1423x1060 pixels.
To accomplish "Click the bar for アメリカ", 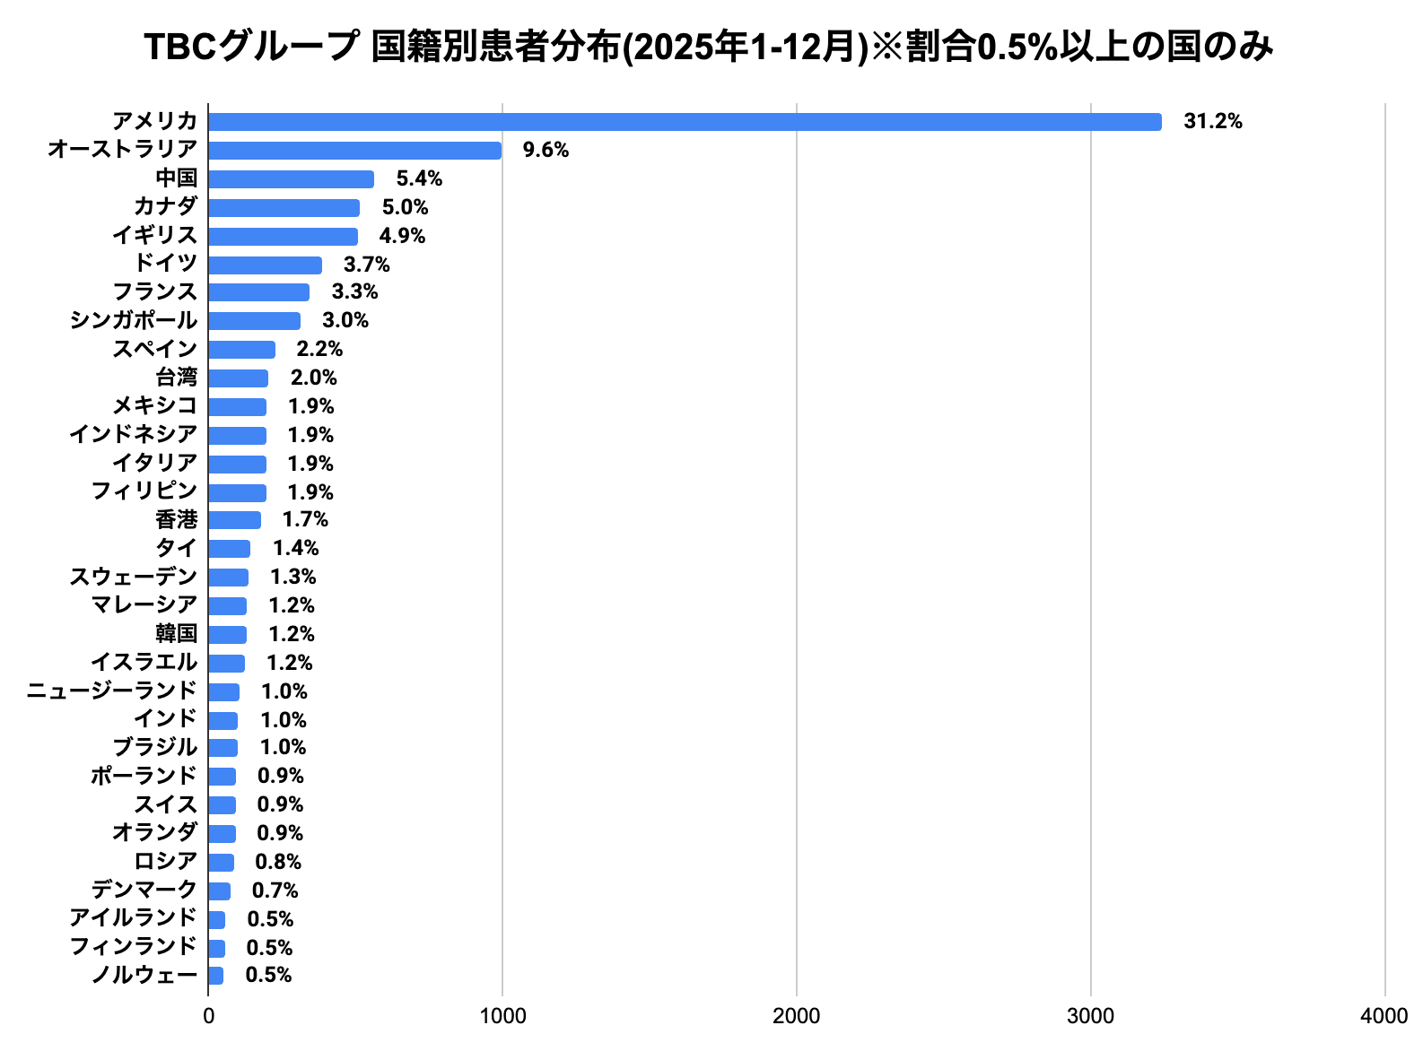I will click(x=685, y=122).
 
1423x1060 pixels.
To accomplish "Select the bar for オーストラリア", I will click(x=354, y=151).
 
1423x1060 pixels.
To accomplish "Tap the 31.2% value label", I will click(x=1212, y=122).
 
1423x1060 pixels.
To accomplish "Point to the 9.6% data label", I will click(x=546, y=151).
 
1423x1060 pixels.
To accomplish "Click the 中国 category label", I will click(x=176, y=178).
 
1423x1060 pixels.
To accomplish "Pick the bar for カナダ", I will click(x=284, y=208).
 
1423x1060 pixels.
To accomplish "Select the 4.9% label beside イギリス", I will click(x=402, y=237).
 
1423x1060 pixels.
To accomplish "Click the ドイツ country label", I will click(x=165, y=264).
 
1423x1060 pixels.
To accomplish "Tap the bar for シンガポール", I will click(x=254, y=321).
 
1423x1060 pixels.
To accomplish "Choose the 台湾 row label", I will click(x=176, y=378).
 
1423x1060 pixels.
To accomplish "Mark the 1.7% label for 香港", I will click(x=305, y=520).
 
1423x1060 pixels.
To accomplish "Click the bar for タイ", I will click(x=229, y=549).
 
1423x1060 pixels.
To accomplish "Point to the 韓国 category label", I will click(x=176, y=634).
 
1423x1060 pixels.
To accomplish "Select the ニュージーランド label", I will click(x=111, y=691).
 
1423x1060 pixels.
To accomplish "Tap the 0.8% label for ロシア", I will click(x=278, y=863).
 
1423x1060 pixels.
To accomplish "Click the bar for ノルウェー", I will click(x=215, y=976).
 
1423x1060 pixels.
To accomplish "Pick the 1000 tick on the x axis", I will click(x=502, y=1016).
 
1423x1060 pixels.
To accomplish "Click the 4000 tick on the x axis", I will click(x=1384, y=1016).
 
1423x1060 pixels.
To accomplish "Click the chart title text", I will click(x=709, y=48).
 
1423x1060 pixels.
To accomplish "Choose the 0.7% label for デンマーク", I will click(x=275, y=891).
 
